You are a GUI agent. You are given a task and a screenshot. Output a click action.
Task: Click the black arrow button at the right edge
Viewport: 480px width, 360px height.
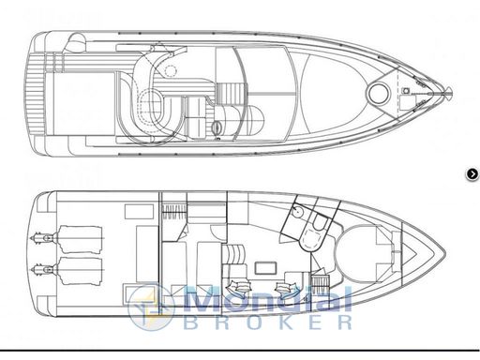click(472, 174)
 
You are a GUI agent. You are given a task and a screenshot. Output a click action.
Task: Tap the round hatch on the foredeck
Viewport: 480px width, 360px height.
click(379, 93)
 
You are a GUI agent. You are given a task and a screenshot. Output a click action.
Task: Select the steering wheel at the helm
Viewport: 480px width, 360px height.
click(217, 127)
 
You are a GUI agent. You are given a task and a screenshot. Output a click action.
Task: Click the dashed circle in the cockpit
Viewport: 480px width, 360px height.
click(171, 70)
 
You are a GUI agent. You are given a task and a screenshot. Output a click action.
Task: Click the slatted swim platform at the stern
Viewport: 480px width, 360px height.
click(35, 93)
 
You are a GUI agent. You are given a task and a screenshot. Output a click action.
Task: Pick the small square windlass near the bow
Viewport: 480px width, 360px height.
click(406, 91)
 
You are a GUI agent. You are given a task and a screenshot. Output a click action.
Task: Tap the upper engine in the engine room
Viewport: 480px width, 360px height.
click(80, 239)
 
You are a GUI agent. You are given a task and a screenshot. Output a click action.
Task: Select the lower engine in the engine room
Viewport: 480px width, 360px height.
click(80, 271)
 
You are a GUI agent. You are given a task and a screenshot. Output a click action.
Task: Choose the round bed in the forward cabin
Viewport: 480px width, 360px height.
click(360, 253)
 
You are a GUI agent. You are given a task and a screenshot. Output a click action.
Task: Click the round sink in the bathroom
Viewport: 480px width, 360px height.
click(298, 212)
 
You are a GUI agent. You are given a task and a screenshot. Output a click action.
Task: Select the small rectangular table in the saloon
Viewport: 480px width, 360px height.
click(265, 268)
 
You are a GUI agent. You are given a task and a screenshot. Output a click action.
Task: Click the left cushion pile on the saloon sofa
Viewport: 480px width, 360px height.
click(240, 287)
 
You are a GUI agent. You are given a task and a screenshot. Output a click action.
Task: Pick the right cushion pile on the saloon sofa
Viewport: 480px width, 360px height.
click(286, 288)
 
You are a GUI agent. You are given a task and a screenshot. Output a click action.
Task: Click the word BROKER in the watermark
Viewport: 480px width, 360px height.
click(268, 322)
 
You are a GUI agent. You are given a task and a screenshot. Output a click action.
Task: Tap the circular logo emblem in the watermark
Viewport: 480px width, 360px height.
click(151, 307)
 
